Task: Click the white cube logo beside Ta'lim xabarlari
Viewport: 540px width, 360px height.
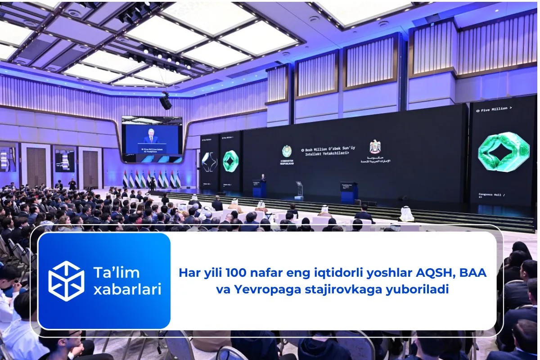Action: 66,281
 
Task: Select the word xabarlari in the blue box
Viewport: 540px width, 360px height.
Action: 127,289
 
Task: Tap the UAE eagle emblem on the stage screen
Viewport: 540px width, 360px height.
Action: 375,147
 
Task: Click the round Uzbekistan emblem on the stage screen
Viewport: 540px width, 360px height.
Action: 287,151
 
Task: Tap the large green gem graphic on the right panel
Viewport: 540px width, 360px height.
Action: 503,152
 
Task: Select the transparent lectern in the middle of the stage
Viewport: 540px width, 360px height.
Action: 299,189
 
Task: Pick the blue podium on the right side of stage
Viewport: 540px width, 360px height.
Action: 349,191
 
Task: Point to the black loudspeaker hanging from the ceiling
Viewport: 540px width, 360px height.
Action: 166,103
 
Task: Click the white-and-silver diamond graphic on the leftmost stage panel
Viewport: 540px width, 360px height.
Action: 209,162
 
